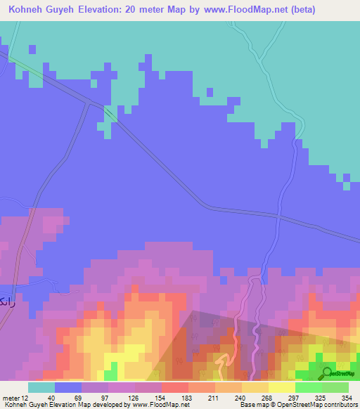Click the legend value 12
tap(24, 398)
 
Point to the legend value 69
tap(69, 398)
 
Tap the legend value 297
tap(282, 398)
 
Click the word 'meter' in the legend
tap(10, 398)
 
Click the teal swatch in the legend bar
tap(41, 387)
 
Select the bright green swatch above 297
tap(309, 387)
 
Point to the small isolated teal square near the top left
tap(32, 48)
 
